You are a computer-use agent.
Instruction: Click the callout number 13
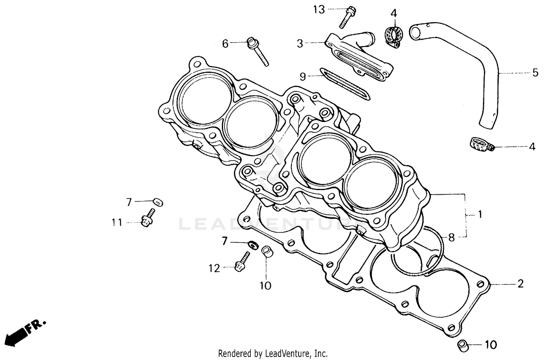[x=319, y=9]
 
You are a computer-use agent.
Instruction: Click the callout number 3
[x=300, y=44]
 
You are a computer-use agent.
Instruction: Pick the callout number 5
[x=535, y=72]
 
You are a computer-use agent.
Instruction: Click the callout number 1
[x=480, y=214]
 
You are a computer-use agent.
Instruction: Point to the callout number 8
[x=451, y=238]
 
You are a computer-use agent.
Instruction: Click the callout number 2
[x=520, y=284]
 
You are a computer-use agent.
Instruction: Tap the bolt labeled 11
[x=147, y=218]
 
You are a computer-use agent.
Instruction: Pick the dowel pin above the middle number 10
[x=267, y=252]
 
